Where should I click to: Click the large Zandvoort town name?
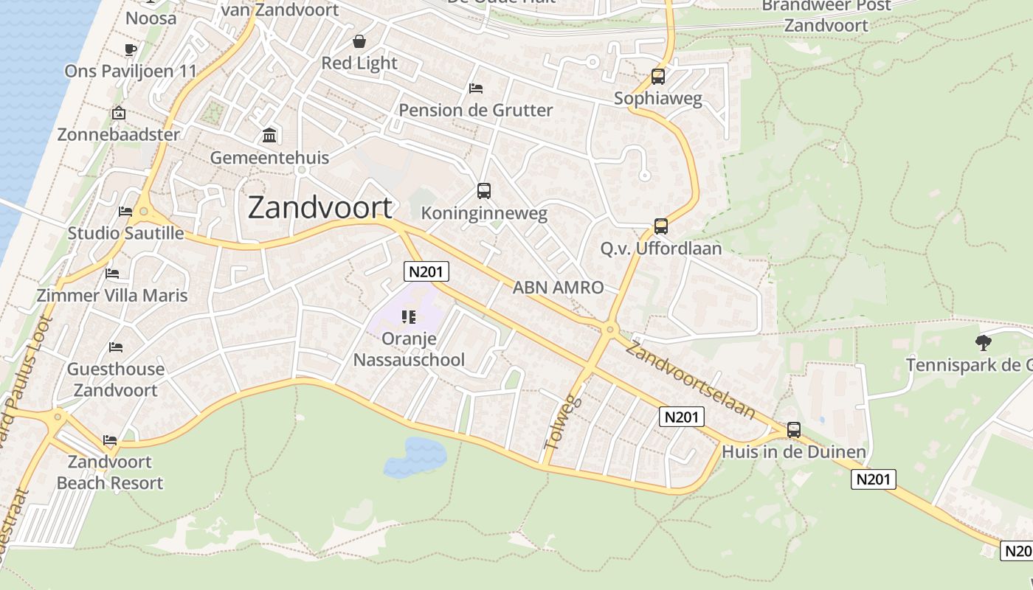pos(319,207)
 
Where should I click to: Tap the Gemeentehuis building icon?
pos(269,136)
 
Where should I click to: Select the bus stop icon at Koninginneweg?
pos(484,191)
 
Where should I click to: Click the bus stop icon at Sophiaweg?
pos(657,77)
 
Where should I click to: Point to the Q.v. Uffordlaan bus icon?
pos(661,226)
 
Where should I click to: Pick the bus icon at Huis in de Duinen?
pos(794,429)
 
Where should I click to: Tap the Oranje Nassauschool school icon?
pos(409,317)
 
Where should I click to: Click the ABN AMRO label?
pos(558,288)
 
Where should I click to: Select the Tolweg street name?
pos(563,423)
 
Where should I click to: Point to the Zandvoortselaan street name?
pos(691,379)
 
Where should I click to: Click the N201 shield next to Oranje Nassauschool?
pos(426,271)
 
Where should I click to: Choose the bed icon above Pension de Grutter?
pos(476,88)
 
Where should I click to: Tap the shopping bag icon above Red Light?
pos(359,41)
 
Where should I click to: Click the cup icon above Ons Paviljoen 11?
pos(131,49)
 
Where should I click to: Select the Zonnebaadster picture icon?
pos(118,114)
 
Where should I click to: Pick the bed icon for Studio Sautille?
pos(125,212)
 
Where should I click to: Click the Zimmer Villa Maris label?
pos(112,295)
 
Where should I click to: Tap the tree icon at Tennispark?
pos(983,342)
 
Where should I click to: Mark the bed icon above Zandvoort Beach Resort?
pos(110,440)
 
